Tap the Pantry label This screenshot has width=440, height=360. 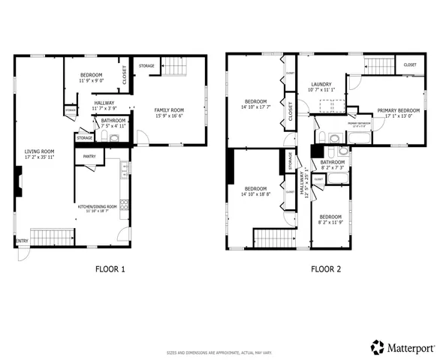tap(89, 156)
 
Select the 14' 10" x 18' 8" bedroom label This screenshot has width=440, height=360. tap(255, 191)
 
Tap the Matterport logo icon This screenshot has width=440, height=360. tap(377, 347)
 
